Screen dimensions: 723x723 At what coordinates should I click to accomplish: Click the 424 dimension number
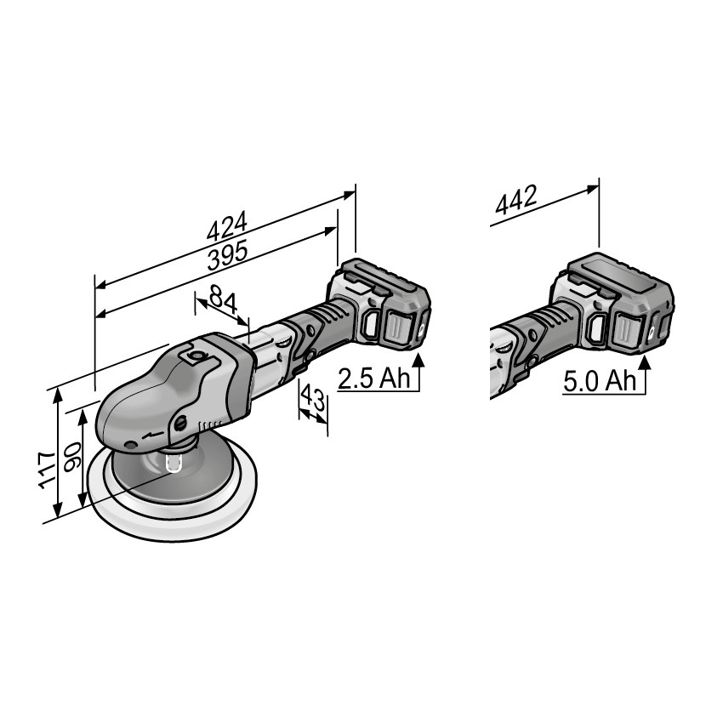(227, 226)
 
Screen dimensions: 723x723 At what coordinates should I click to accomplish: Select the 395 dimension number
(228, 255)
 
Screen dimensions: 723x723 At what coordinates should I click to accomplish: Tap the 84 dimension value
(223, 299)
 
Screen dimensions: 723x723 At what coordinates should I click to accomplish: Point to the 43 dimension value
(312, 398)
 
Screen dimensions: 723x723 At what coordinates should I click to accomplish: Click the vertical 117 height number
(47, 470)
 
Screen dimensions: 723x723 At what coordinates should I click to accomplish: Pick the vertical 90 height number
(72, 458)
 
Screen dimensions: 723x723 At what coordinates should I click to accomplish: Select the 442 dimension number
(516, 200)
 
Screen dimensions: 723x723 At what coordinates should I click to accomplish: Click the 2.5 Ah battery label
(374, 379)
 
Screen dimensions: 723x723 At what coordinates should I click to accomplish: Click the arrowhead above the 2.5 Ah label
(418, 360)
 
